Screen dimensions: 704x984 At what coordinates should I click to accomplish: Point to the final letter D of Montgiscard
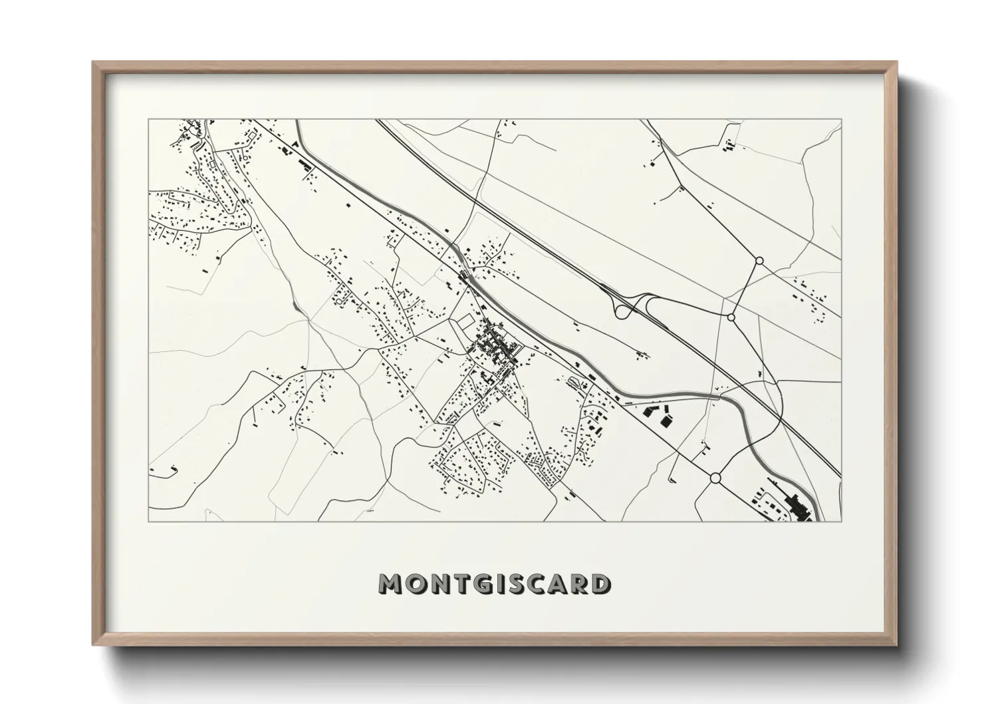click(600, 584)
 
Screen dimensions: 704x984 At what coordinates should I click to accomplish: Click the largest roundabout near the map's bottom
click(715, 478)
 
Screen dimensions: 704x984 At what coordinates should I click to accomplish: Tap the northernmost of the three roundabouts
click(759, 261)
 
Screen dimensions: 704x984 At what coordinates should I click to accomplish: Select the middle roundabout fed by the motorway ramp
click(731, 317)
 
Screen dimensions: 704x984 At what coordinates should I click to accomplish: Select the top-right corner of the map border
click(841, 120)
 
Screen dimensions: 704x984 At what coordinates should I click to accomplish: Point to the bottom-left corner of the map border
click(149, 521)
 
